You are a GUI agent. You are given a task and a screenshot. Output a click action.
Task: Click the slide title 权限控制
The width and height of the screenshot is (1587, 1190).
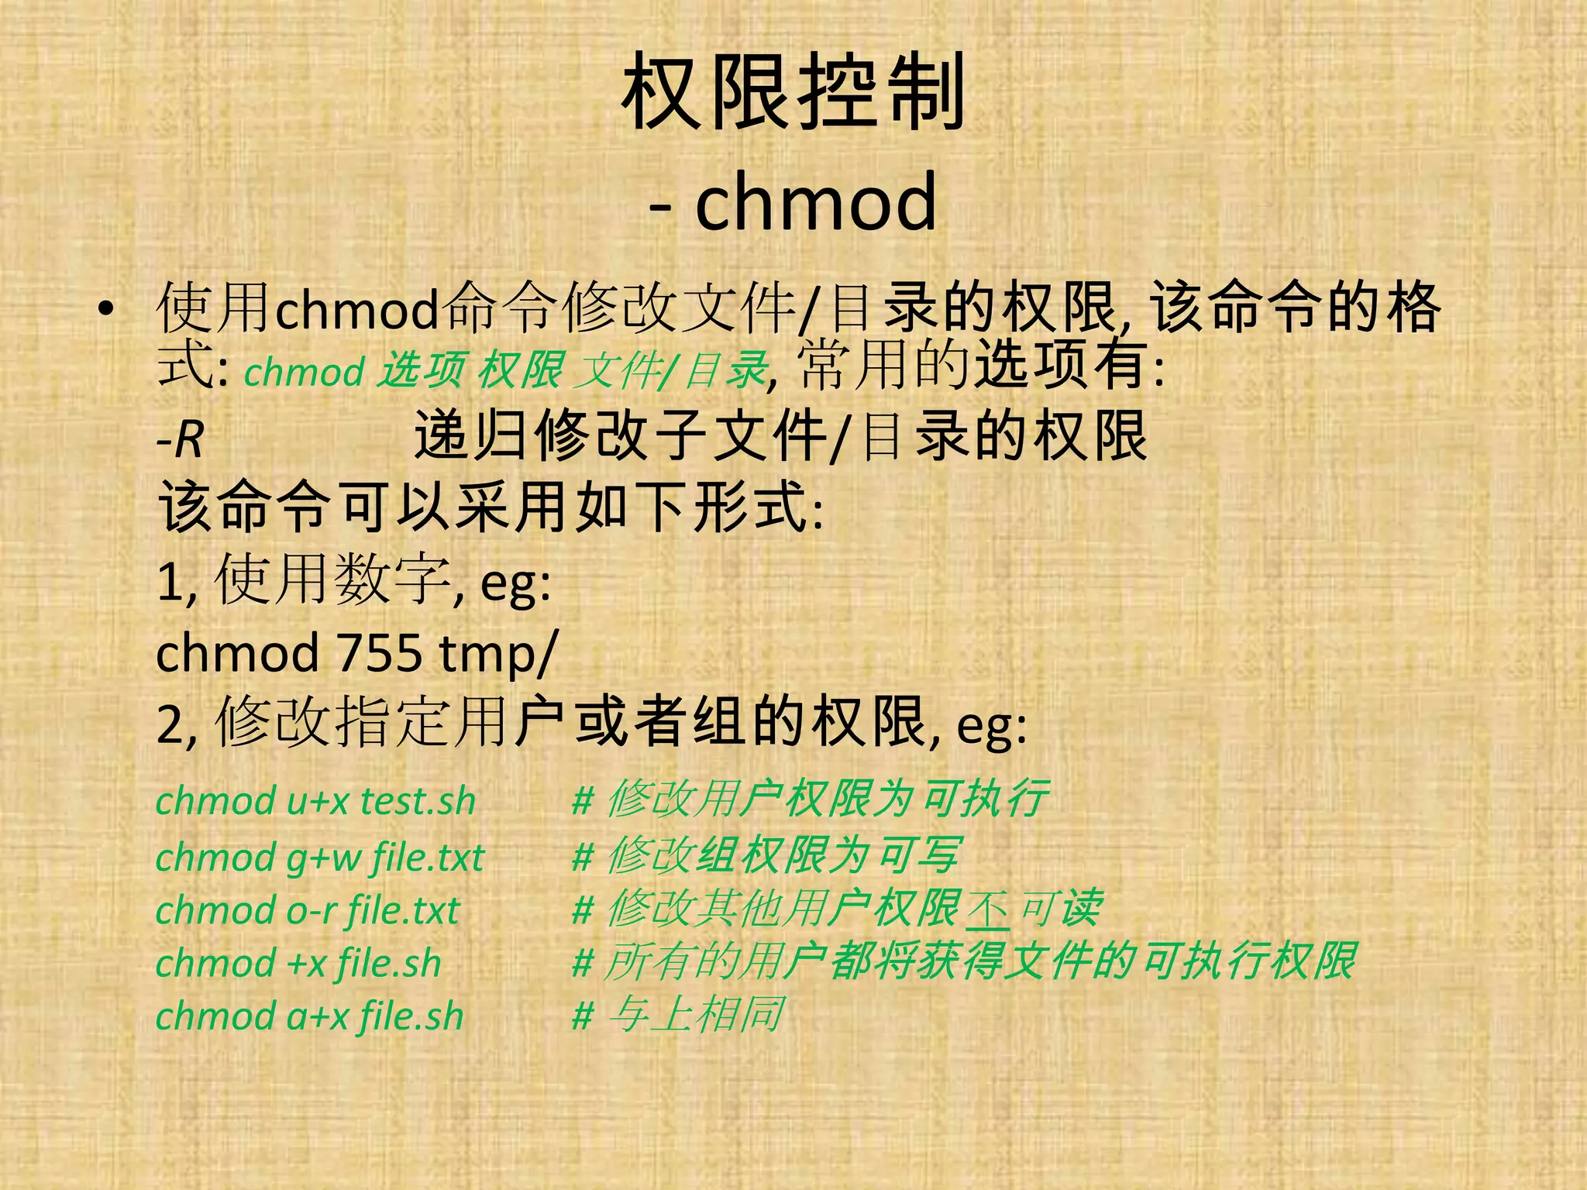coord(793,93)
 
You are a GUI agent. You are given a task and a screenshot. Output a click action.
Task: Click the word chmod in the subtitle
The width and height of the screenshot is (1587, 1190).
coord(816,201)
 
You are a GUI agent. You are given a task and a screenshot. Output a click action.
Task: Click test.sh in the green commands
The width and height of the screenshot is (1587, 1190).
coord(418,801)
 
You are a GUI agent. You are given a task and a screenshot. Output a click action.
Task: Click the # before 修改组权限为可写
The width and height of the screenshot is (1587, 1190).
coord(583,858)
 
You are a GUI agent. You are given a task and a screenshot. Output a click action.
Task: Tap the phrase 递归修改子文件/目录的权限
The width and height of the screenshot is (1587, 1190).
coord(780,436)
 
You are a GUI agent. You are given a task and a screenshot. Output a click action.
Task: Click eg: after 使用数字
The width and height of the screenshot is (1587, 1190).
coord(515,583)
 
